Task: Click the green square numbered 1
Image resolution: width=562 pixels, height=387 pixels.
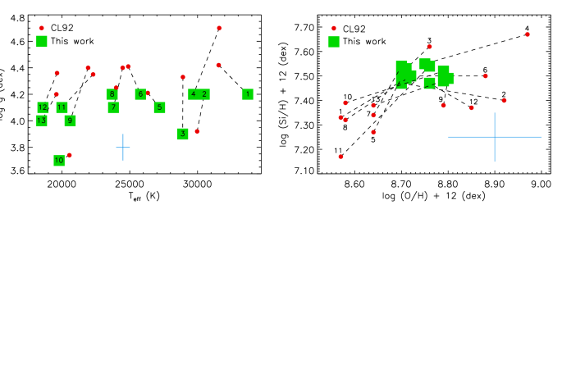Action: click(248, 94)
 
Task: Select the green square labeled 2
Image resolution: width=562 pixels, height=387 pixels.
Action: click(204, 94)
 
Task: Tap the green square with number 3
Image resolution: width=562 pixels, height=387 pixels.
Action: click(183, 134)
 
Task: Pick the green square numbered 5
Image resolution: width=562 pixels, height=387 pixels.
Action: click(160, 107)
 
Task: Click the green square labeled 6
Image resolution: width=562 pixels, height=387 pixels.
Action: click(140, 94)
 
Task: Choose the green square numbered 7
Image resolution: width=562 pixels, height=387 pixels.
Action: click(113, 107)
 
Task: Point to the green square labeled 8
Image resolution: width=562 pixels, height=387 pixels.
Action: click(112, 94)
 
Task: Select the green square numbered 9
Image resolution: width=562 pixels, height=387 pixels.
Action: click(71, 121)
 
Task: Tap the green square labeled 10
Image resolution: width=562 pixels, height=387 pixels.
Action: click(59, 161)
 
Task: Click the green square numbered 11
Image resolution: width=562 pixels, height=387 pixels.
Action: click(62, 107)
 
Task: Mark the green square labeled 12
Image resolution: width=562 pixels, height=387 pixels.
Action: click(43, 107)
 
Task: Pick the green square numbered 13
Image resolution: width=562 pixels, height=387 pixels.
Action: click(42, 121)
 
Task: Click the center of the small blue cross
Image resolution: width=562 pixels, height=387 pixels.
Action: click(123, 148)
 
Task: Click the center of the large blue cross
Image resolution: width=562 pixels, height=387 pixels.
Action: click(495, 137)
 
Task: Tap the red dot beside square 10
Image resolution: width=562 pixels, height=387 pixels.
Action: click(70, 155)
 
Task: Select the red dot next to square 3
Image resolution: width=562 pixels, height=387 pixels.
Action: click(197, 131)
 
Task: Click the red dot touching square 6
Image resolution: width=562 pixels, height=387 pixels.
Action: click(148, 93)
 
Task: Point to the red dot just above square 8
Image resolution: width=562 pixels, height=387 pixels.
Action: click(117, 88)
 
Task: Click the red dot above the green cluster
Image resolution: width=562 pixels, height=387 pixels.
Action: click(429, 47)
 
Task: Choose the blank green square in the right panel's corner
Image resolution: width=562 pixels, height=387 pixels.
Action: click(334, 42)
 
